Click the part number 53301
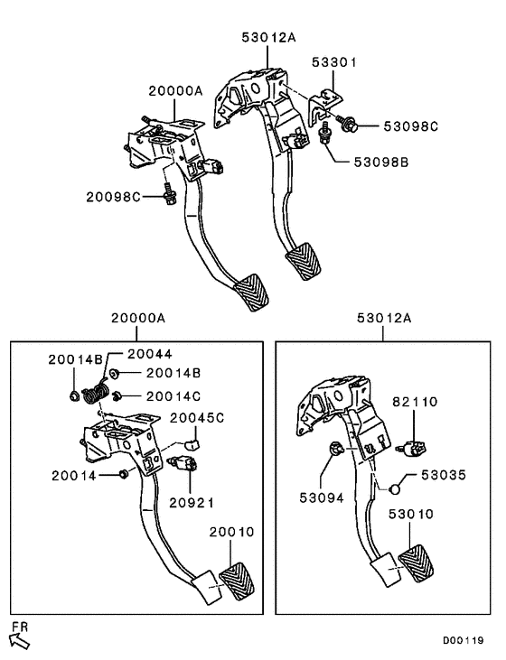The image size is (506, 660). point(335,63)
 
